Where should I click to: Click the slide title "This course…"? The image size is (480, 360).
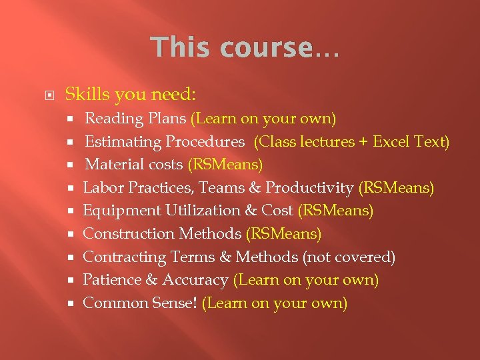[x=245, y=48]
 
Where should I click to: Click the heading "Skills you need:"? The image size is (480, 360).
[x=131, y=95]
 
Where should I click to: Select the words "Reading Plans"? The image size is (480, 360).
[x=136, y=119]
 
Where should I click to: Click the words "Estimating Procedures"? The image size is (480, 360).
[x=164, y=142]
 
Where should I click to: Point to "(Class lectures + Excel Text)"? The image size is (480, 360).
[x=352, y=142]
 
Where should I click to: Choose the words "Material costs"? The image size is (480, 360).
[x=133, y=165]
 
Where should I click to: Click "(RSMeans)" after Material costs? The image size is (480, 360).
[x=225, y=165]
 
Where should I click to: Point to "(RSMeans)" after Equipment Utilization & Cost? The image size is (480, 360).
[x=335, y=211]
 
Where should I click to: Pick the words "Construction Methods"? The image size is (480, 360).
[x=162, y=234]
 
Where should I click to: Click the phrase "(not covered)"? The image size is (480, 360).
[x=349, y=257]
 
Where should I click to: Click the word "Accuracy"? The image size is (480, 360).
[x=195, y=280]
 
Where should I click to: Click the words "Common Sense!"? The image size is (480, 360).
[x=140, y=303]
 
